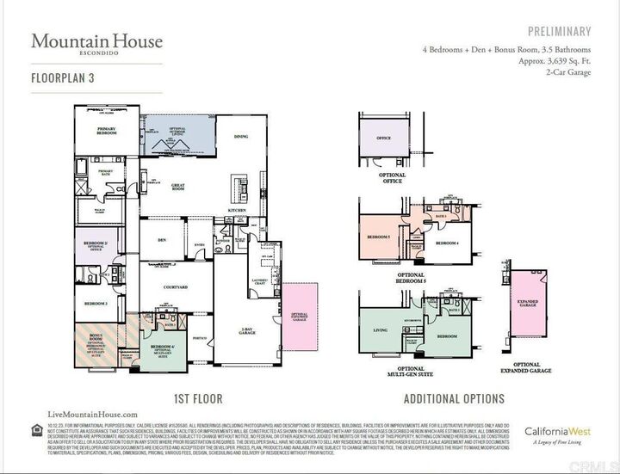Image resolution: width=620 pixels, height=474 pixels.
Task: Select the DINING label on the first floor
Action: pos(241,137)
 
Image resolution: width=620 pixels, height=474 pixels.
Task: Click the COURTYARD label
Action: pos(158,288)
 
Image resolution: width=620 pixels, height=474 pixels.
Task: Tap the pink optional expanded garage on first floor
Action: pos(300,317)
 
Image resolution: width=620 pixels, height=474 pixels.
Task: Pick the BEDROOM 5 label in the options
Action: pos(379,236)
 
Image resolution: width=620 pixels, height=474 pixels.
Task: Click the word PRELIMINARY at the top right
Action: pos(560,32)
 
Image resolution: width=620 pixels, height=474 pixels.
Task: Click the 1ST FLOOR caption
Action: pos(198,399)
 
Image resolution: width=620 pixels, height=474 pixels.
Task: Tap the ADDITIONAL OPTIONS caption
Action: pos(454,399)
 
